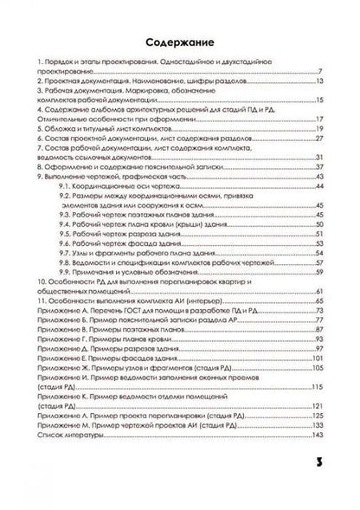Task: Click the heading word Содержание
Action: [179, 41]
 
